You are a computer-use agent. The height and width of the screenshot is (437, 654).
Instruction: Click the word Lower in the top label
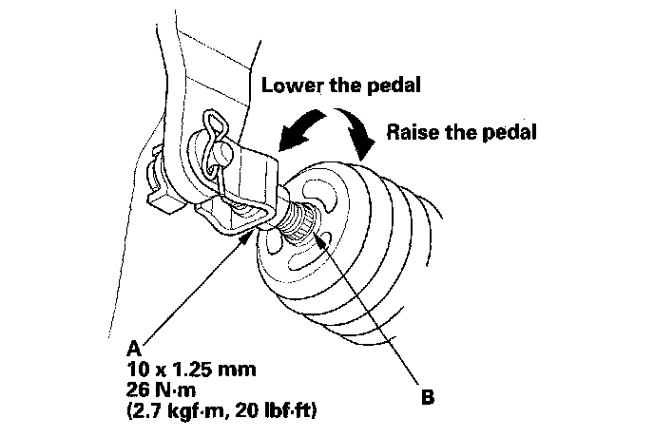click(292, 85)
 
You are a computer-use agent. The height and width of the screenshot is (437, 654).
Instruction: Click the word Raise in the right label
click(414, 132)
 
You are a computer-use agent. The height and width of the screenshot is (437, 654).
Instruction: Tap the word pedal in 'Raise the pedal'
click(509, 132)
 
